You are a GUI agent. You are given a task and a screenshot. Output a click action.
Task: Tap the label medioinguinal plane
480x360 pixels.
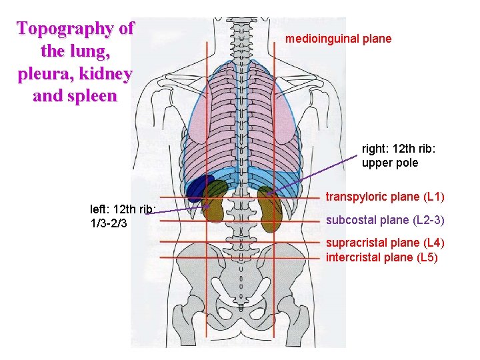coord(338,39)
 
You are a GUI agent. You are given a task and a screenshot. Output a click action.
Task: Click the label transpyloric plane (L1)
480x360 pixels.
coord(385,197)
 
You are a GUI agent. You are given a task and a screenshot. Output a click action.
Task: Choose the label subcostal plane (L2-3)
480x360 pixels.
coord(385,220)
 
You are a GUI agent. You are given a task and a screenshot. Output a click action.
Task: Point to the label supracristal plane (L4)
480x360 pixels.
coord(385,243)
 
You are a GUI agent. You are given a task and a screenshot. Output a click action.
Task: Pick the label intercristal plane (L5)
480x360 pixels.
coord(381,257)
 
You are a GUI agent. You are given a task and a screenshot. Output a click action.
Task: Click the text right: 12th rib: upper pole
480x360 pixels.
coord(390,156)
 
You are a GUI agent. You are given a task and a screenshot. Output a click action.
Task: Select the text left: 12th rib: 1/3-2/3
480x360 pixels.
coord(123,215)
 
